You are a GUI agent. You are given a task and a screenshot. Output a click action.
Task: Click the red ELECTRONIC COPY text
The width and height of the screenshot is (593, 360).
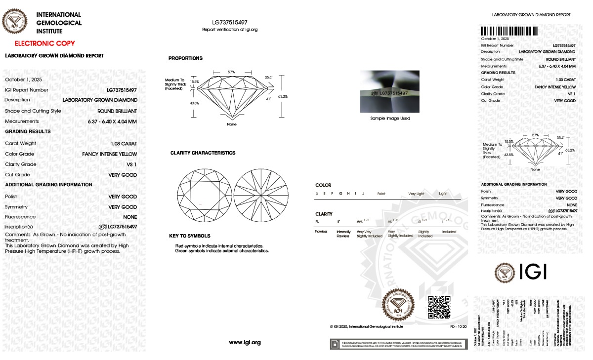[x=44, y=43]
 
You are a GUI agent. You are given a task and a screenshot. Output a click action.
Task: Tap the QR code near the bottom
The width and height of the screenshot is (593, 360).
[x=438, y=307]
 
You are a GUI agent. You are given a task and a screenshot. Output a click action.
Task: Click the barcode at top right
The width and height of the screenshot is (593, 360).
[x=508, y=31]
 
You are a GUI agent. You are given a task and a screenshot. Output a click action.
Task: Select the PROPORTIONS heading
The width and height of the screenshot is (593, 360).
[x=185, y=58]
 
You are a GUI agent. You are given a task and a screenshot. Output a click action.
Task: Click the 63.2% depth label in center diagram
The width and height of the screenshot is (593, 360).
[x=283, y=96]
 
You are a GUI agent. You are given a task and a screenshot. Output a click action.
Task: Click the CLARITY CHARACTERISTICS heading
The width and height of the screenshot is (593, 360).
[x=203, y=153]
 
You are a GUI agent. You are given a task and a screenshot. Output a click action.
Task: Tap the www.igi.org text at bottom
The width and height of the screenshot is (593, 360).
[x=245, y=342]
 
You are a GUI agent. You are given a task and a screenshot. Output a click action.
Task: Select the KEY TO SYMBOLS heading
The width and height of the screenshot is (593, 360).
[x=189, y=236]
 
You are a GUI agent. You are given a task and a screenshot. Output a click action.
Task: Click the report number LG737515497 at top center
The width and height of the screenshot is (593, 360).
[x=230, y=23]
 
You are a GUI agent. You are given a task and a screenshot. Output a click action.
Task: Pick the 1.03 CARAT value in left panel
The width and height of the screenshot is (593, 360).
[x=124, y=143]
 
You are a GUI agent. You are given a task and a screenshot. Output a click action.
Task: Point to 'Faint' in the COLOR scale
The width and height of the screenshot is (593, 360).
[x=381, y=194]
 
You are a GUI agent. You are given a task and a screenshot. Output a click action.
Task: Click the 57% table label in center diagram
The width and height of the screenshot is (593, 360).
[x=231, y=72]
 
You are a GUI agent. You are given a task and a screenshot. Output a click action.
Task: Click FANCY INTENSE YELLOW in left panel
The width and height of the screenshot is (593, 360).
[x=110, y=154]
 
